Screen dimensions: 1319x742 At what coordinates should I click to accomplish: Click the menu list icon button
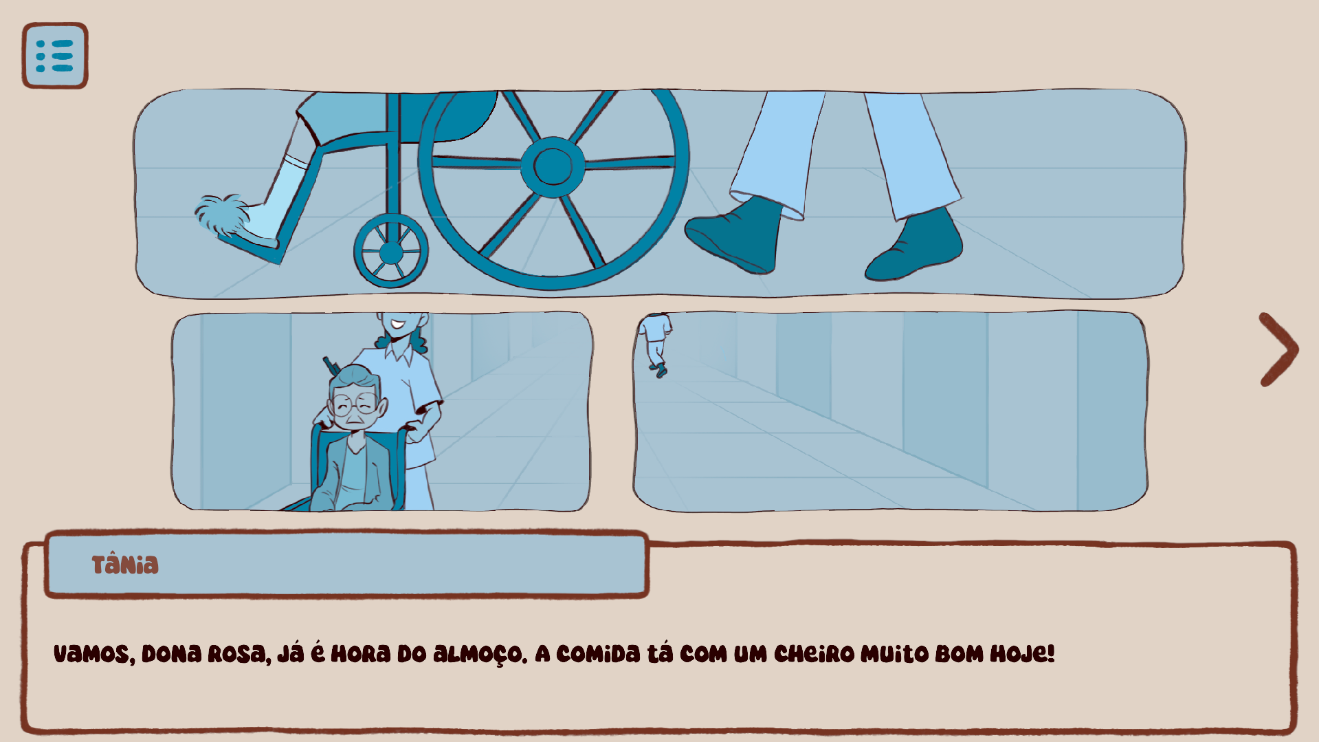point(55,56)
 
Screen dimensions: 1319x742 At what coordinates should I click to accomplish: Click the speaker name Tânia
point(125,564)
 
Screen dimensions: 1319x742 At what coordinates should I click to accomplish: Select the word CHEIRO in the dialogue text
point(814,653)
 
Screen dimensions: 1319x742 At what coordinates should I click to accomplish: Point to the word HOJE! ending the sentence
point(1022,653)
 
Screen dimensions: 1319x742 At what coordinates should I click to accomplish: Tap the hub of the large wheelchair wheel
point(552,166)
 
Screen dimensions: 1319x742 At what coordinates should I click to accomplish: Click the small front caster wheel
point(390,251)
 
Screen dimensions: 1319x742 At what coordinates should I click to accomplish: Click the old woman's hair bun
point(353,376)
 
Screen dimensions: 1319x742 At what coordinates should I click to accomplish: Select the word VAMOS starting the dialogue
point(94,654)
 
